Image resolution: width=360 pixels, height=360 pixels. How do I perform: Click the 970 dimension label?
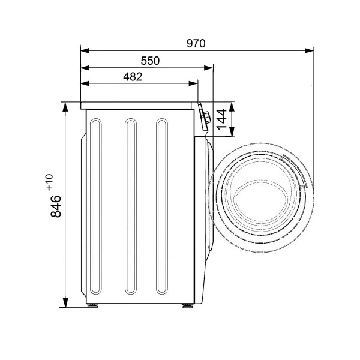tap(196, 43)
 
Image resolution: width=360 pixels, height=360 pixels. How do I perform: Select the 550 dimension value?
tap(150, 61)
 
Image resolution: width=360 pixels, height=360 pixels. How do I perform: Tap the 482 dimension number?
tap(133, 77)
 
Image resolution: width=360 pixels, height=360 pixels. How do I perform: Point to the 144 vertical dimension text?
tap(221, 119)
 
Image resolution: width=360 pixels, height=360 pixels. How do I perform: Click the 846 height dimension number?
tap(56, 206)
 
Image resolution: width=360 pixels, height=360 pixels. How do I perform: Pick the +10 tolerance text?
tap(50, 182)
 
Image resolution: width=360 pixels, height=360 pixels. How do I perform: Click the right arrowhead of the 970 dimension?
tap(309, 50)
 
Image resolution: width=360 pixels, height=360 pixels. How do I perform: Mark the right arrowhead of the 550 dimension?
tap(208, 68)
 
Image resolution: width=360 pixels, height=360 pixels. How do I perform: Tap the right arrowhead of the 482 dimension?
tap(193, 83)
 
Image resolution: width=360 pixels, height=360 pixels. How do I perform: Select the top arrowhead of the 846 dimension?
tap(65, 107)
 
